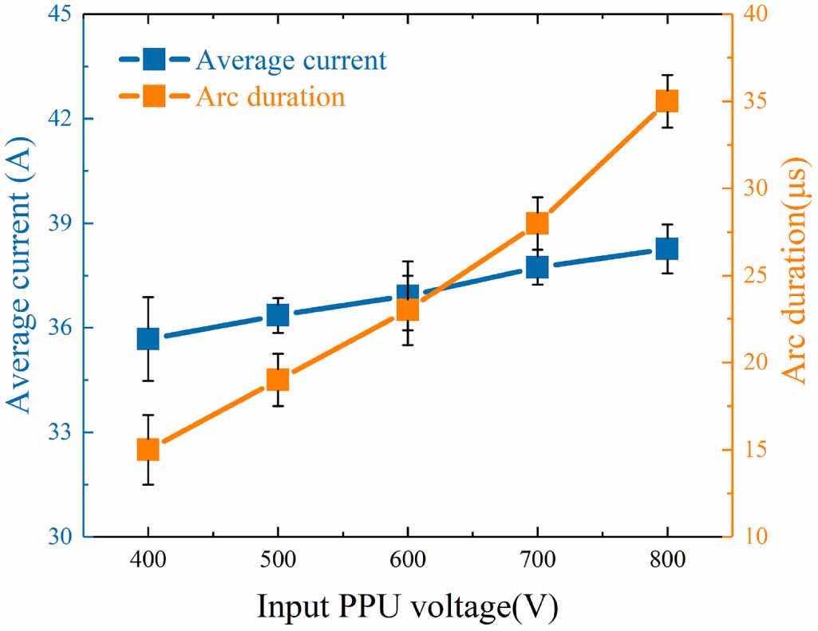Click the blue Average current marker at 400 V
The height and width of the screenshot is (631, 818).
148,339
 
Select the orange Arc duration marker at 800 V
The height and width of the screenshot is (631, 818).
667,101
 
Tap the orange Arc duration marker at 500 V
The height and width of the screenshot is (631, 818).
277,380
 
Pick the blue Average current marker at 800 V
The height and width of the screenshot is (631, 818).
667,248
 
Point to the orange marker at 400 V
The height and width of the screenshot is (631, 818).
148,450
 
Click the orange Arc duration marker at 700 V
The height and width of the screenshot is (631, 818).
537,223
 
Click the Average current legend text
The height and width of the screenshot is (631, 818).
291,60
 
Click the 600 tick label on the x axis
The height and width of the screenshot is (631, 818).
407,561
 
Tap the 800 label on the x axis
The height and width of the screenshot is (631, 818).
667,561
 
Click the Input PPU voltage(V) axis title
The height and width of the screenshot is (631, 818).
407,605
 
